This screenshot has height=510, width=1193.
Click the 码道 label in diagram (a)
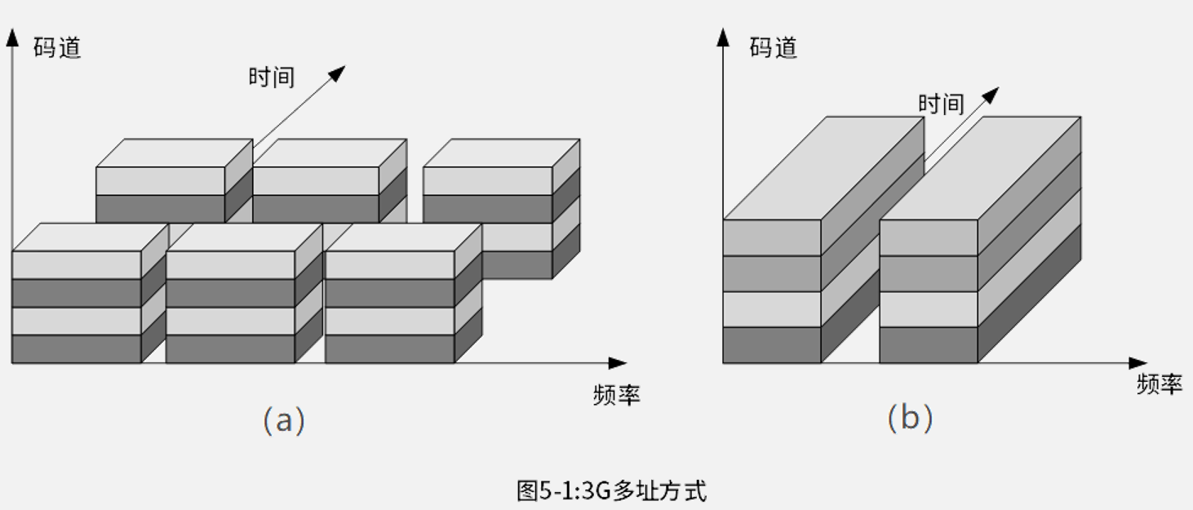(57, 48)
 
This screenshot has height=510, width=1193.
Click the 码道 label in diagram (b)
(774, 48)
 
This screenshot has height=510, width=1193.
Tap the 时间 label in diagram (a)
(272, 78)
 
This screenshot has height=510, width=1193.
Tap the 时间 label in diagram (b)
(941, 104)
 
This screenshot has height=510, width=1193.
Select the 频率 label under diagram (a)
(617, 395)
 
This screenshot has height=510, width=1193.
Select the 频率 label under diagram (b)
(1160, 384)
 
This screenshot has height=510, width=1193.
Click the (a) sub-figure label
(284, 420)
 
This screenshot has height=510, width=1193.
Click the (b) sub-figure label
(910, 419)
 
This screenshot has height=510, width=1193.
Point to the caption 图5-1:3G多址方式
(611, 491)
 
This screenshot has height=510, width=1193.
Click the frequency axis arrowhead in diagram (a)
(618, 363)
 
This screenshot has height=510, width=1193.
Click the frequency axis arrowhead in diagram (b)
(1138, 363)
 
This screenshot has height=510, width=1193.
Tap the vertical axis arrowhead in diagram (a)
(12, 38)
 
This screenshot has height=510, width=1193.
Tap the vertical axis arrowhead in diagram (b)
(723, 38)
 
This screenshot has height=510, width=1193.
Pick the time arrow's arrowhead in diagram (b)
(991, 95)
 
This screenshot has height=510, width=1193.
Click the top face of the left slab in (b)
(823, 168)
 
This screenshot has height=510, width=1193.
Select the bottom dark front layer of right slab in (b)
(929, 345)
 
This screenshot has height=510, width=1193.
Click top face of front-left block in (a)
(91, 237)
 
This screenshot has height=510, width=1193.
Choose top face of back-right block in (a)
(502, 153)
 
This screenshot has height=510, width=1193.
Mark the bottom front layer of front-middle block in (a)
(230, 349)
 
